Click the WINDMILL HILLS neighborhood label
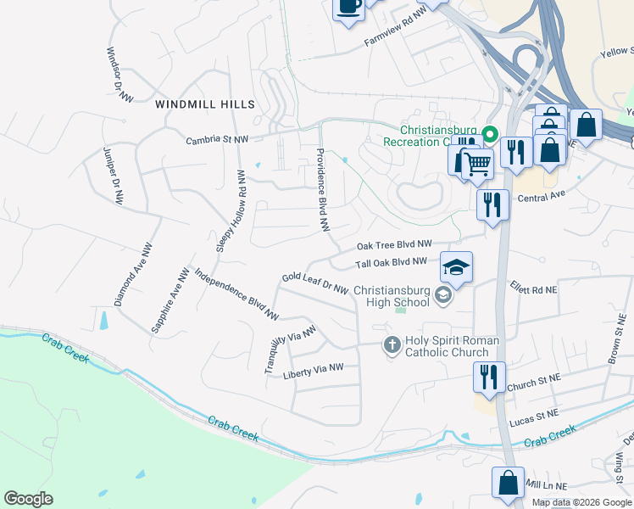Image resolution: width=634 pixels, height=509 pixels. pyautogui.click(x=205, y=104)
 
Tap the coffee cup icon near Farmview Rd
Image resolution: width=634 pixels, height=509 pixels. pyautogui.click(x=348, y=7)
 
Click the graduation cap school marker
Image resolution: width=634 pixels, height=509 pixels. pyautogui.click(x=456, y=269)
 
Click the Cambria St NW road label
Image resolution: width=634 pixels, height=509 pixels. pyautogui.click(x=218, y=138)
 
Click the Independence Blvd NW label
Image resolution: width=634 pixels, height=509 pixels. pyautogui.click(x=236, y=294)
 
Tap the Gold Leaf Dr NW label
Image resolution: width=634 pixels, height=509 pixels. pyautogui.click(x=315, y=283)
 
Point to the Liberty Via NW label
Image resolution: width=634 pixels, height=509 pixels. pyautogui.click(x=313, y=369)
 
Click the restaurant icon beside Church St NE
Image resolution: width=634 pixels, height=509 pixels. pyautogui.click(x=489, y=376)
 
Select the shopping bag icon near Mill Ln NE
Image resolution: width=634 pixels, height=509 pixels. pyautogui.click(x=507, y=483)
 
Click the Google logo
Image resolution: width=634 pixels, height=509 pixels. pyautogui.click(x=29, y=499)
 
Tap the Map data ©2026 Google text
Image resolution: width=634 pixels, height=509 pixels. pyautogui.click(x=581, y=502)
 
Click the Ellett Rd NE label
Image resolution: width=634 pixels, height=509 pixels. pyautogui.click(x=533, y=288)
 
